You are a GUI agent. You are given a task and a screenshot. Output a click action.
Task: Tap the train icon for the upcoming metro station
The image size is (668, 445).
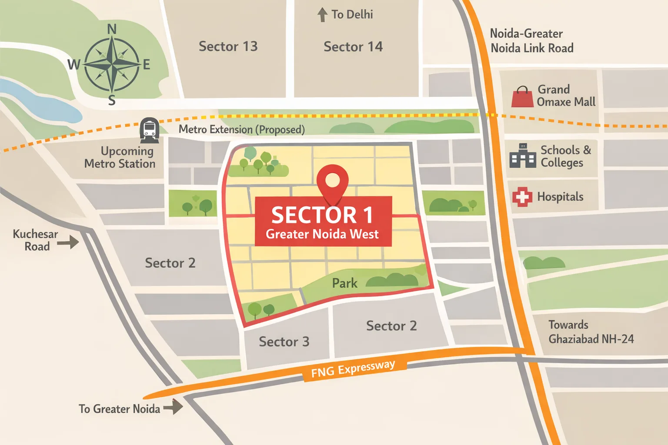point(149,130)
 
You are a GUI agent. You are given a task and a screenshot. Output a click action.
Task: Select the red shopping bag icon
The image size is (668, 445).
point(522,97)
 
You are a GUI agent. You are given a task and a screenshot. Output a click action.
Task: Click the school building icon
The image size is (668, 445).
point(522,156)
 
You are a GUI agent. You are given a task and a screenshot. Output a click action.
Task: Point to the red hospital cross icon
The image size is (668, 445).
point(522,197)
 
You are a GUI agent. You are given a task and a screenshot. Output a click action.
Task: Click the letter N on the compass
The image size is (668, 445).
point(112,29)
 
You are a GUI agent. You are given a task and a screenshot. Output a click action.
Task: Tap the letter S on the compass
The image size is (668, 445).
point(112,100)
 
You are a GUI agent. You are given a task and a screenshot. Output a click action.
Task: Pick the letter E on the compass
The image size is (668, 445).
point(147,65)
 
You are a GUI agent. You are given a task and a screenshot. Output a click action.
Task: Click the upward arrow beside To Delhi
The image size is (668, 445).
point(322,15)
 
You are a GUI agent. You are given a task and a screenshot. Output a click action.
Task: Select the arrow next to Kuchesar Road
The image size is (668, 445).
point(68,242)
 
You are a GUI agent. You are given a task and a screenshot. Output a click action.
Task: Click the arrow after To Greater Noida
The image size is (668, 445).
point(173,407)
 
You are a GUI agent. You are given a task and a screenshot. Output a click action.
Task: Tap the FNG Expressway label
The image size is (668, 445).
point(353,369)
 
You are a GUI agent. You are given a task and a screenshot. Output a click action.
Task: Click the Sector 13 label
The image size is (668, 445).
point(228,46)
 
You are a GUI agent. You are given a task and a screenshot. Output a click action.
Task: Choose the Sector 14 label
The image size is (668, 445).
point(353,46)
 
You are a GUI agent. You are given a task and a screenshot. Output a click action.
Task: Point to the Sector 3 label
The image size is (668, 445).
point(284,342)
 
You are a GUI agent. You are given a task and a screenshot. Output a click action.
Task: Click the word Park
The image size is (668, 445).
point(344,283)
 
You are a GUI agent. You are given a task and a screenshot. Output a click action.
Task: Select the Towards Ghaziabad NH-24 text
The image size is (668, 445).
point(591,332)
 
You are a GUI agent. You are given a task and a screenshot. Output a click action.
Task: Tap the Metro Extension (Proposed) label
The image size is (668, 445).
point(241,130)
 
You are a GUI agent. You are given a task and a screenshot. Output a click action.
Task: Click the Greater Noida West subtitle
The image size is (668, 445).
point(322,234)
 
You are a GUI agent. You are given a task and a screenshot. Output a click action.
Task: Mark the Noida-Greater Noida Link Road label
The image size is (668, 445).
point(531,41)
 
